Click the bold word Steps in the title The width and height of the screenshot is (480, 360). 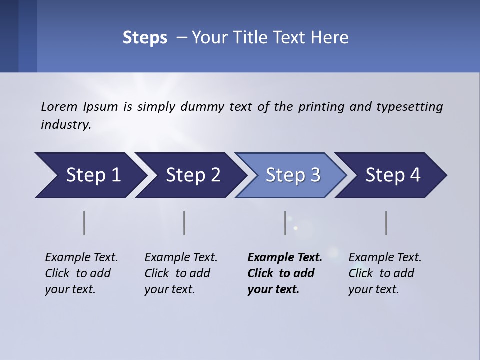(x=145, y=38)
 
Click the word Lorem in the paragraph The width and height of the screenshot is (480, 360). (x=59, y=106)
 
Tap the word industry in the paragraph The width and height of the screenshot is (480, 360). (x=66, y=124)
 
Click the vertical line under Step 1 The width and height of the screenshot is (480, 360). (x=84, y=223)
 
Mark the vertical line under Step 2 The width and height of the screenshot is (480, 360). (x=184, y=223)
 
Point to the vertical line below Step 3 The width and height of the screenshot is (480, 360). (x=285, y=223)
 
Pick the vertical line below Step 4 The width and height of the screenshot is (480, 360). (x=386, y=223)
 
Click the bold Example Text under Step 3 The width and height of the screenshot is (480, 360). (x=285, y=257)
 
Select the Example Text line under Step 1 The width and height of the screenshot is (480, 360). (x=81, y=257)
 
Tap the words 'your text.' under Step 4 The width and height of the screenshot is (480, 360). (x=373, y=289)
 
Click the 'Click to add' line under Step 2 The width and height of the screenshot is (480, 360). (x=177, y=273)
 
